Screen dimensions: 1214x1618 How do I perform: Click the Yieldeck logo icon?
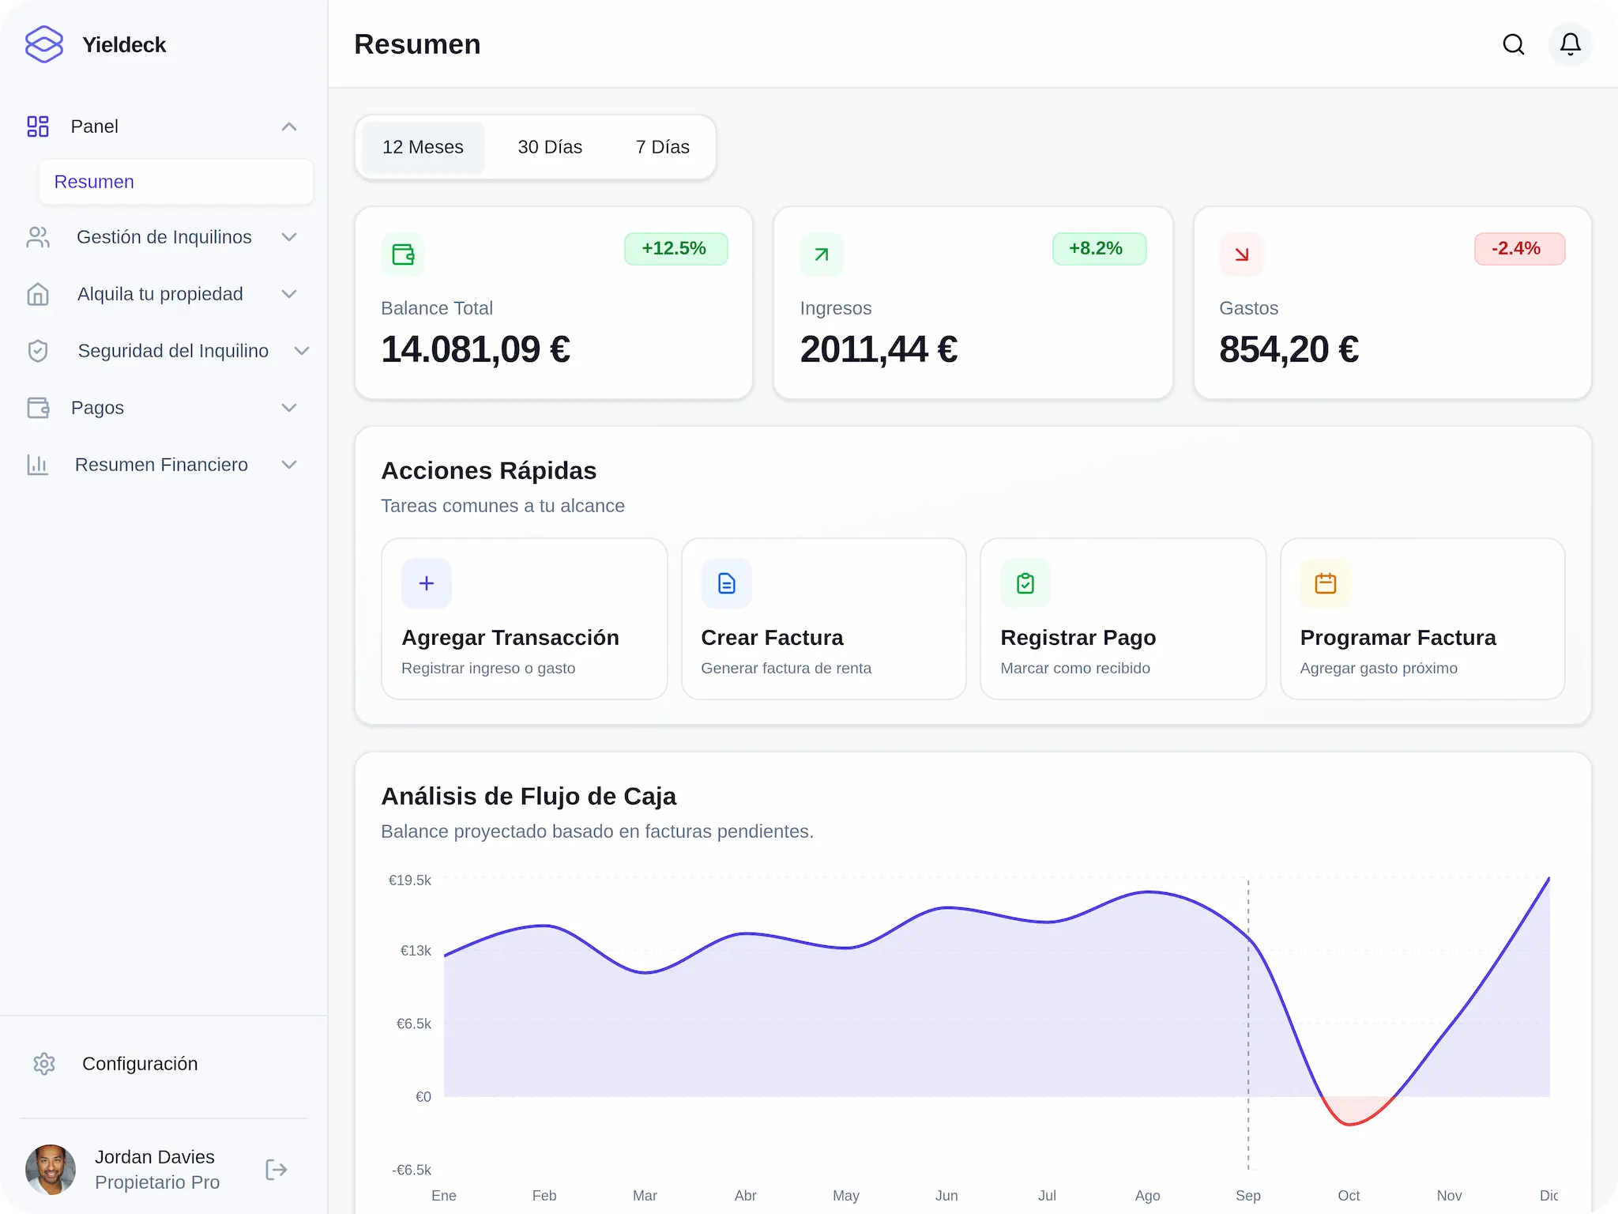[x=44, y=44]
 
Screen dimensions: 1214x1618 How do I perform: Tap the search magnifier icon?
[x=1513, y=44]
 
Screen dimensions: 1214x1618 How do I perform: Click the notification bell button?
[x=1570, y=44]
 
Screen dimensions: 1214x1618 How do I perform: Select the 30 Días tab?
[x=550, y=147]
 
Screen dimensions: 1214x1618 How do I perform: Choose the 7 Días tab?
[x=662, y=147]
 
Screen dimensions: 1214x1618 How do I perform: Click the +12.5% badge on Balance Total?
[x=675, y=248]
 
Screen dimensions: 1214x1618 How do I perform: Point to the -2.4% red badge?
[x=1518, y=248]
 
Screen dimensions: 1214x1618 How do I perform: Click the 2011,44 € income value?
[x=879, y=349]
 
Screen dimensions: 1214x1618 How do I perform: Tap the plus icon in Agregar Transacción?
[x=427, y=583]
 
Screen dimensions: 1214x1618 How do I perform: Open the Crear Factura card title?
[x=772, y=637]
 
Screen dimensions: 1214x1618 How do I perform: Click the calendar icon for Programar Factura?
[x=1325, y=583]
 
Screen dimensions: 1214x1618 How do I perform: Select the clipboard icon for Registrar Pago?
[x=1025, y=583]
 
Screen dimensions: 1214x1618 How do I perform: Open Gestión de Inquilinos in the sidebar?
[x=164, y=237]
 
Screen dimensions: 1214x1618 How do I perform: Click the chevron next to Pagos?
[x=289, y=408]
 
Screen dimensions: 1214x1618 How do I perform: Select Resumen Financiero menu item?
[x=161, y=465]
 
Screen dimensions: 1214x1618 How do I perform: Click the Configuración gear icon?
[x=44, y=1064]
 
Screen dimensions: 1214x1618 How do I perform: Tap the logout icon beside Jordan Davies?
[x=276, y=1170]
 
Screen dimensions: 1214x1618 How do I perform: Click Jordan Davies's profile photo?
[x=51, y=1170]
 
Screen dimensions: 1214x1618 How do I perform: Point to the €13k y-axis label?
[x=416, y=951]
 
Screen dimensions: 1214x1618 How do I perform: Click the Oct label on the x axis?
[x=1349, y=1196]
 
